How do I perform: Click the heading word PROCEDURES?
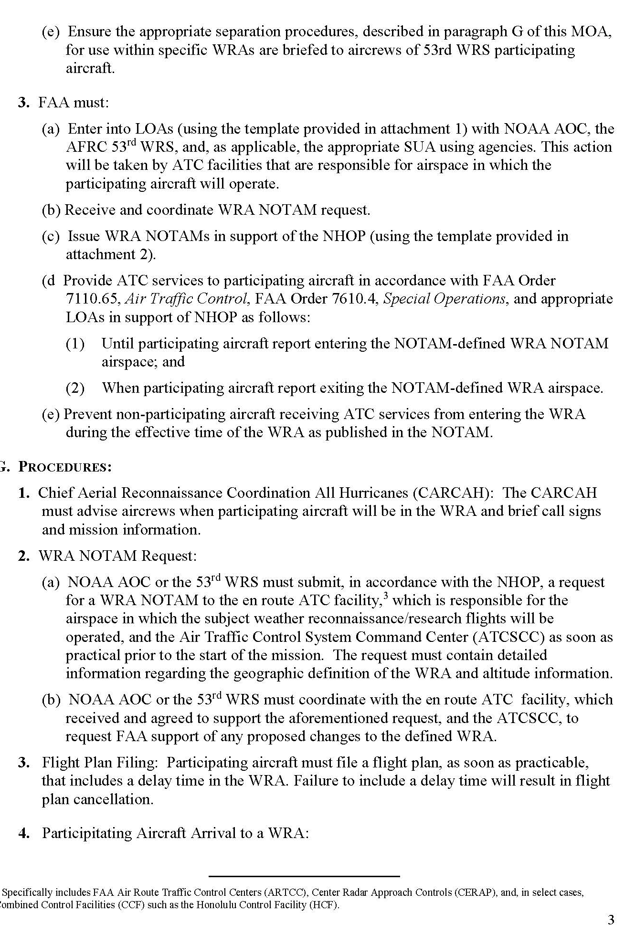point(65,467)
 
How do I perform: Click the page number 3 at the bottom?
point(611,920)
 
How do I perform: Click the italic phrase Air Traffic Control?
point(186,299)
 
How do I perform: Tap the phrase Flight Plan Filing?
point(100,763)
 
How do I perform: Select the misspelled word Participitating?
point(87,833)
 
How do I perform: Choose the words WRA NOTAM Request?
point(117,556)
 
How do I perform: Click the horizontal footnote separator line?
point(304,876)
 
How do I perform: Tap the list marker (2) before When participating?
point(75,388)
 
